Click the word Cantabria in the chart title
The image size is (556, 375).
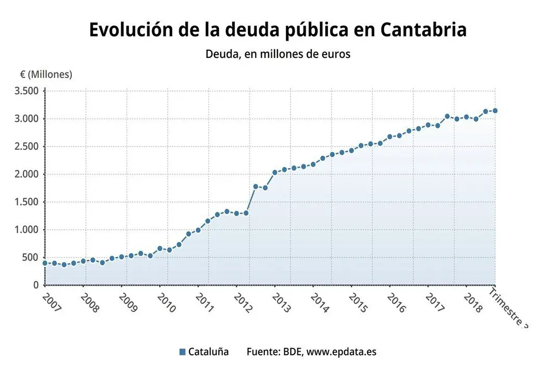click(x=423, y=30)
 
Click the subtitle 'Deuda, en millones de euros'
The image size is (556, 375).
click(x=278, y=54)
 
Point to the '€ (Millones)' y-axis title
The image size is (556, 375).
click(x=46, y=74)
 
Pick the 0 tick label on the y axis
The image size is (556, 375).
click(x=35, y=285)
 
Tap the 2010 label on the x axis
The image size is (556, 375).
click(x=167, y=302)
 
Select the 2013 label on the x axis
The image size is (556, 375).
click(x=282, y=302)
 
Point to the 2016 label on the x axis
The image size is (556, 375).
click(x=397, y=302)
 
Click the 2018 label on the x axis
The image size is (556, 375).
click(x=473, y=302)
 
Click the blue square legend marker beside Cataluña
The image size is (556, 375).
click(x=182, y=352)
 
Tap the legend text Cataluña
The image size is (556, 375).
click(x=208, y=352)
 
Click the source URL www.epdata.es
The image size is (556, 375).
click(x=341, y=352)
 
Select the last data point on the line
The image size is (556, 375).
click(x=495, y=110)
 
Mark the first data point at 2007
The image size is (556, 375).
click(x=45, y=263)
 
